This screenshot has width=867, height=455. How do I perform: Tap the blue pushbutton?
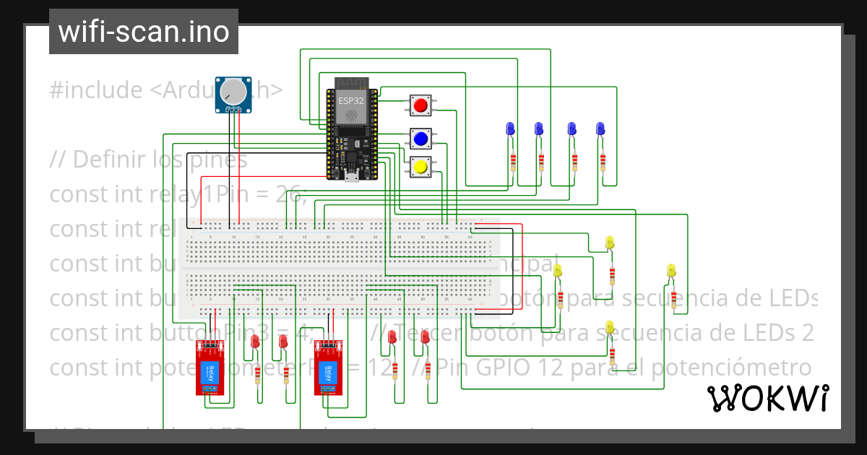pos(420,138)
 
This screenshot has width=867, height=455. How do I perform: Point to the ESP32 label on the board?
pos(350,102)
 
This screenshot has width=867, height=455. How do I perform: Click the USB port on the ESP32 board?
pos(351,175)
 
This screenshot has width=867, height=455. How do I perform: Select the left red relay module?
pos(211,368)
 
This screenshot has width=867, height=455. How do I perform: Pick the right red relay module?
pos(328,368)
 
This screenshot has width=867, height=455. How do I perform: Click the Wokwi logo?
pos(767,398)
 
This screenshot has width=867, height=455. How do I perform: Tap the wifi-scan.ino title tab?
pos(143,32)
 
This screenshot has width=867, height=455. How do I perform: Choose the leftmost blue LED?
pos(510,129)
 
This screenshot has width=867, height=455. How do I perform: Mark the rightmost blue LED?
pos(600,129)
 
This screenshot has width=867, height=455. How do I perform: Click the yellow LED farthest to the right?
pos(670,272)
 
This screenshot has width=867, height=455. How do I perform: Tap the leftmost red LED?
pos(254,342)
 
